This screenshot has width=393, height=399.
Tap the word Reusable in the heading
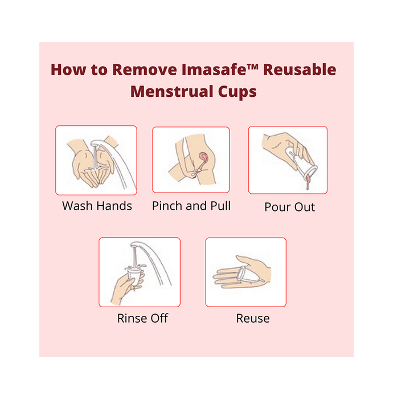(300, 70)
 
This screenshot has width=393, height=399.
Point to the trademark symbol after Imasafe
(252, 67)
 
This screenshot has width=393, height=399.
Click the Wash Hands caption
(97, 206)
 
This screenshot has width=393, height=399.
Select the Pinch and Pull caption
(191, 206)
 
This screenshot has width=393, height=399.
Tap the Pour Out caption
(289, 207)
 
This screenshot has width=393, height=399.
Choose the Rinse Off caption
(142, 318)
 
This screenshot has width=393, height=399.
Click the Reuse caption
(253, 318)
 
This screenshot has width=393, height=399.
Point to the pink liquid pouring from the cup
(308, 181)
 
